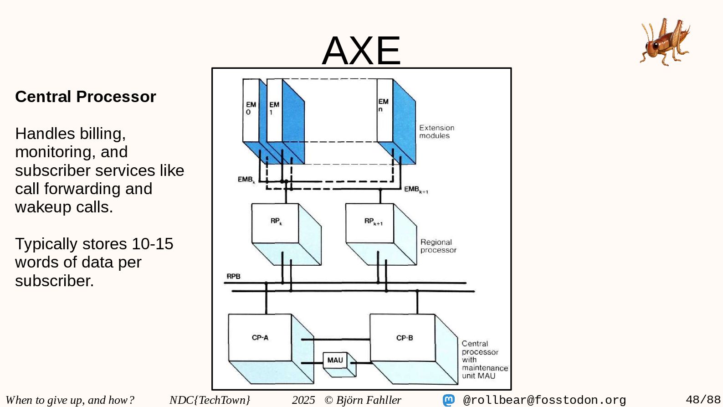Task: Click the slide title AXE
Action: point(361,50)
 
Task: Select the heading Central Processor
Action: point(86,97)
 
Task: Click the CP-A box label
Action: point(260,338)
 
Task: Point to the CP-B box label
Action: point(405,338)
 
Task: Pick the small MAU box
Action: point(335,360)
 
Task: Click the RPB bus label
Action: point(233,276)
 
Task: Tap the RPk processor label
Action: point(276,221)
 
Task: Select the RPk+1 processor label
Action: point(373,222)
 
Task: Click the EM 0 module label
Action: point(251,108)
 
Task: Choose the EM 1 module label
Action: point(274,108)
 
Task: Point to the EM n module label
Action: point(383,105)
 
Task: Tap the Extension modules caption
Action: point(436,132)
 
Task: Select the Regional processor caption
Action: point(438,246)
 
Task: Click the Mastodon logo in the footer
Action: point(449,400)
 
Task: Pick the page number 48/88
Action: point(703,400)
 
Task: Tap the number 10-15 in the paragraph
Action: point(152,244)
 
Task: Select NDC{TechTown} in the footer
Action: point(210,400)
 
